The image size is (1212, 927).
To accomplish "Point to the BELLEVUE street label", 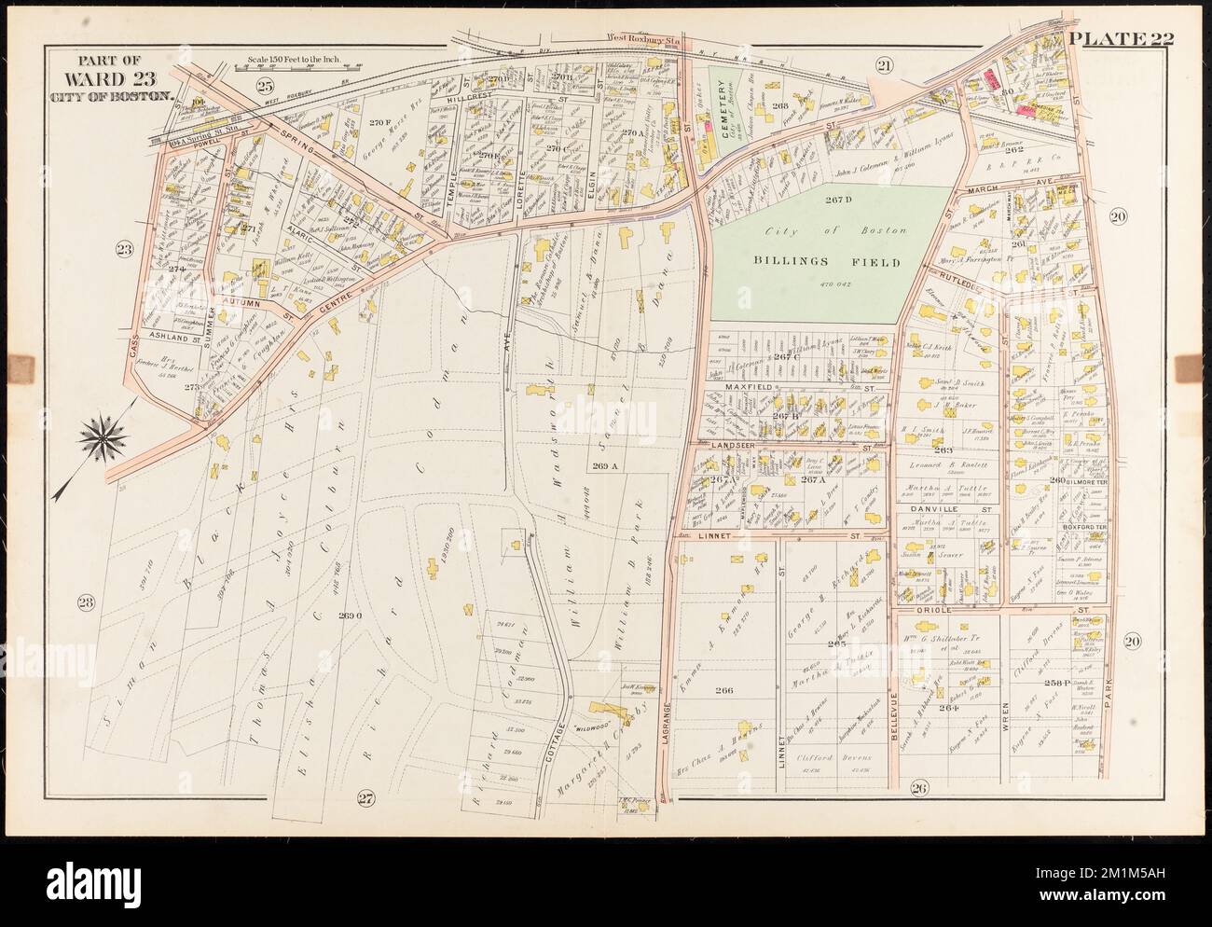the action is pos(894,717).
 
